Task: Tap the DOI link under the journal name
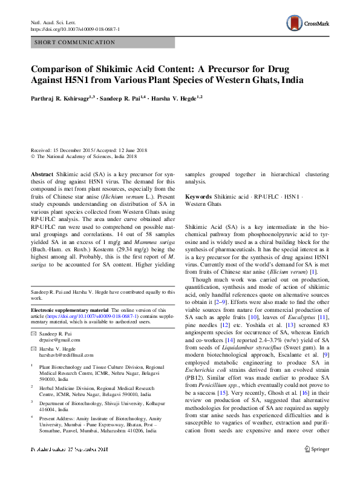tap(75, 29)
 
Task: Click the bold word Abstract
tap(42, 173)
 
